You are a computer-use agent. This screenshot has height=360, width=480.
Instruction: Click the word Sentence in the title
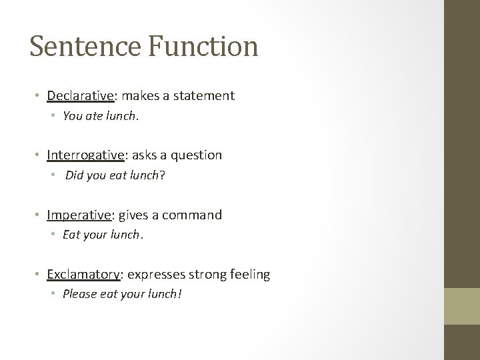coord(77,47)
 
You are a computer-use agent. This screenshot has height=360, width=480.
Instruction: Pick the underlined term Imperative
coord(79,215)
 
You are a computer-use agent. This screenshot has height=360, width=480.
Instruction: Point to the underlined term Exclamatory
coord(83,274)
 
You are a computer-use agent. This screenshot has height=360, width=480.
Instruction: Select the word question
coord(197,155)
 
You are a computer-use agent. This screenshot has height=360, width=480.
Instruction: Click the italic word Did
coord(74,175)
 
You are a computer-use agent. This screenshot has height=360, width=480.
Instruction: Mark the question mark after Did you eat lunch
coord(161,175)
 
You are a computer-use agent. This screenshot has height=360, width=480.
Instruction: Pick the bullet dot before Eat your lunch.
coord(55,235)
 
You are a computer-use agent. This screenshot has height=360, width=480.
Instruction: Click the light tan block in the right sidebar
coord(462,305)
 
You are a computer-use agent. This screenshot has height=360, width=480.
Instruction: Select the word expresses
coord(157,274)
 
